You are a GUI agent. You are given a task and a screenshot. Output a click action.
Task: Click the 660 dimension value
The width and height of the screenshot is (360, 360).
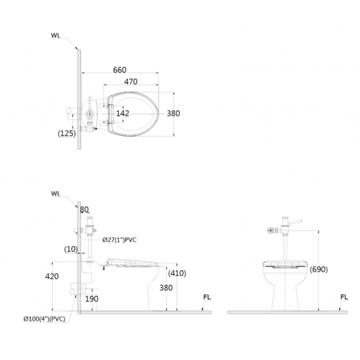pyautogui.click(x=120, y=70)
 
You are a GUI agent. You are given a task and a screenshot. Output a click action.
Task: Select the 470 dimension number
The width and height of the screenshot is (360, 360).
pyautogui.click(x=131, y=81)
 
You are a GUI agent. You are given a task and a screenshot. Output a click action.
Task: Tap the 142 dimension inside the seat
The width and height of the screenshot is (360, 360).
pyautogui.click(x=123, y=113)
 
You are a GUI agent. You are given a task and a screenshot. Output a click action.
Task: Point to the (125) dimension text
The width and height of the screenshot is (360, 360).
pyautogui.click(x=67, y=133)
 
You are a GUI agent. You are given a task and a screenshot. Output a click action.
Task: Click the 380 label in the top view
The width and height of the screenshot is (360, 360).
pyautogui.click(x=174, y=113)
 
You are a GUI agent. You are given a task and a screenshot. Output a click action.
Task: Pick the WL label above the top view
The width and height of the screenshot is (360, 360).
pyautogui.click(x=55, y=35)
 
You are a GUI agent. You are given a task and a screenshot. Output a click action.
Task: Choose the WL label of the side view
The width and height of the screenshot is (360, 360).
pyautogui.click(x=55, y=193)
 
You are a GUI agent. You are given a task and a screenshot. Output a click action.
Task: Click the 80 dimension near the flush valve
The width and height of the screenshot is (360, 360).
pyautogui.click(x=84, y=210)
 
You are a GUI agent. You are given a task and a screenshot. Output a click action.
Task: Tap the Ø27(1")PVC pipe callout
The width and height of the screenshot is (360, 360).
pyautogui.click(x=120, y=240)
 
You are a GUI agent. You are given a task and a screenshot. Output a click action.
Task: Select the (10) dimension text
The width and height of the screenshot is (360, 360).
pyautogui.click(x=71, y=249)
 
